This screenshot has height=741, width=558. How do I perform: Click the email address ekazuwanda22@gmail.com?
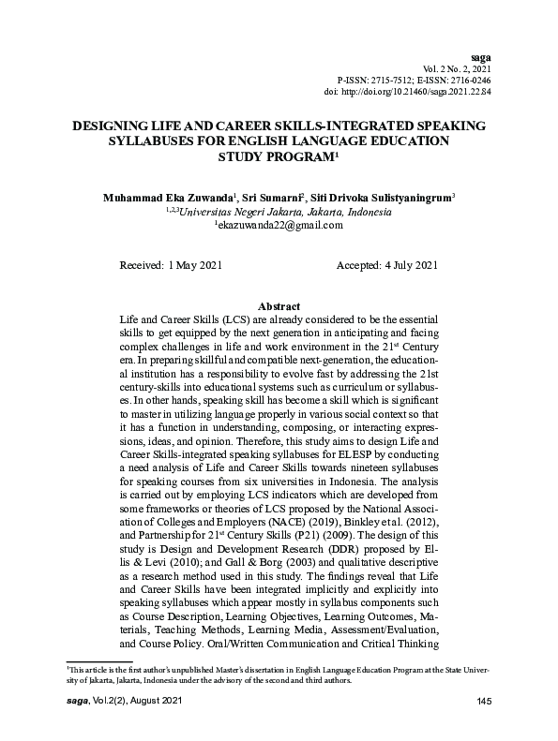(280, 226)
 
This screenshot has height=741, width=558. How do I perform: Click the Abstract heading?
(279, 306)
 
